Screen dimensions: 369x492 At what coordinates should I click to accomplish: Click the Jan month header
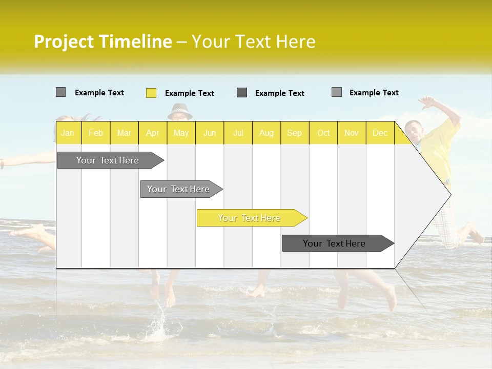click(68, 133)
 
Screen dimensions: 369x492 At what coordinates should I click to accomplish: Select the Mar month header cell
click(124, 133)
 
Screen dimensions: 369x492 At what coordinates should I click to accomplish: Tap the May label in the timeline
click(181, 133)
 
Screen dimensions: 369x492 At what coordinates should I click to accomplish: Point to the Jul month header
click(238, 133)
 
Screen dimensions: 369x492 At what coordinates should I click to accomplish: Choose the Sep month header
click(294, 133)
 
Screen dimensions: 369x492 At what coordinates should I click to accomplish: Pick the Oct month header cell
click(323, 133)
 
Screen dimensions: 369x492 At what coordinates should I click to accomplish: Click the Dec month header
click(380, 133)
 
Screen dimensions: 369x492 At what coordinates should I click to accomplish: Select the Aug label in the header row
click(266, 133)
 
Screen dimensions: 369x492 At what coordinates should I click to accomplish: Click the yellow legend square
click(151, 93)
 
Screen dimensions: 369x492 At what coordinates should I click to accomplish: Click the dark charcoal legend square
click(242, 93)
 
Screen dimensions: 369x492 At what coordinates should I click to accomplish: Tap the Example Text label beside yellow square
click(190, 93)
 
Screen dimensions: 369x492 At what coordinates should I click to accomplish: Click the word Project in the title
click(64, 42)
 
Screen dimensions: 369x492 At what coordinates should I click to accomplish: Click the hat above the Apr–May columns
click(180, 110)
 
